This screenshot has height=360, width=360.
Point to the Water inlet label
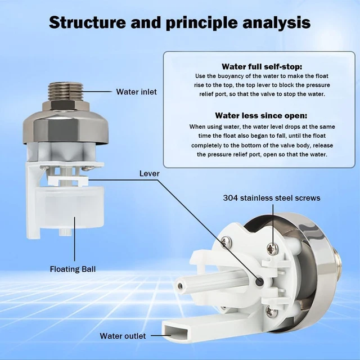(137, 92)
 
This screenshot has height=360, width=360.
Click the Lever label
(149, 174)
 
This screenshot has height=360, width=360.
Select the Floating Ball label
(73, 269)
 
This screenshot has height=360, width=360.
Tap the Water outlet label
(123, 336)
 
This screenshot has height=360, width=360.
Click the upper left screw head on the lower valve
(226, 242)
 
